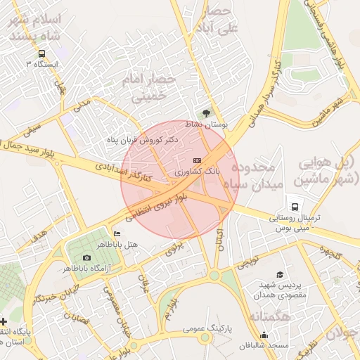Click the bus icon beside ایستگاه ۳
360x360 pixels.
click(42, 53)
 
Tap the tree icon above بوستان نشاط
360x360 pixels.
click(205, 112)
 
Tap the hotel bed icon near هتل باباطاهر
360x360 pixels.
click(117, 233)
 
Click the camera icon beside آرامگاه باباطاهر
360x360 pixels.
click(86, 258)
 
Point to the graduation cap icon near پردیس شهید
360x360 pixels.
click(280, 275)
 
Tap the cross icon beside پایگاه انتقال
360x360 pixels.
click(4, 321)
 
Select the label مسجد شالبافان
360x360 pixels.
click(268, 346)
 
